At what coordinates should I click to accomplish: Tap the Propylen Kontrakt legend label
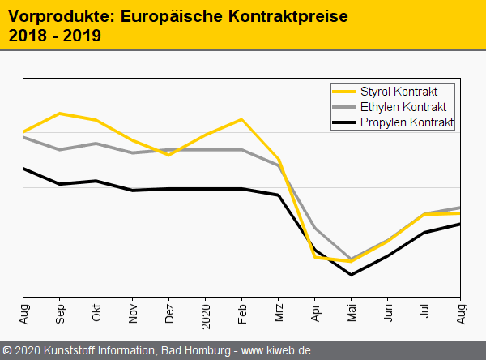coord(407,122)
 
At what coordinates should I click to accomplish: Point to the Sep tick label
coord(61,314)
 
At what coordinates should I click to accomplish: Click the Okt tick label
coord(97,314)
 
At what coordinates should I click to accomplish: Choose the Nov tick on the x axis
coord(134,314)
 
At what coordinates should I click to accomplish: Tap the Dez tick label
coord(170,314)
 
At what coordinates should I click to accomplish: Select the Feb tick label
coord(242,314)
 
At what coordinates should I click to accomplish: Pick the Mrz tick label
coord(279,314)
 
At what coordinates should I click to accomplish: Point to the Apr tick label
coord(316,314)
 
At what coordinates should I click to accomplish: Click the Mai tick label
coord(352,314)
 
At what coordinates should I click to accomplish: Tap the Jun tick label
coord(389,314)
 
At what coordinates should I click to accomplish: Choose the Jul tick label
coord(425,312)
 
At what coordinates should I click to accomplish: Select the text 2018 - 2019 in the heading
coord(54,36)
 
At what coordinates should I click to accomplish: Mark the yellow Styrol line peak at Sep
coord(60,114)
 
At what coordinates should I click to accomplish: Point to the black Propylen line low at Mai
coord(352,275)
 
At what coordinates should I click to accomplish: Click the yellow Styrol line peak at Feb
coord(242,119)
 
